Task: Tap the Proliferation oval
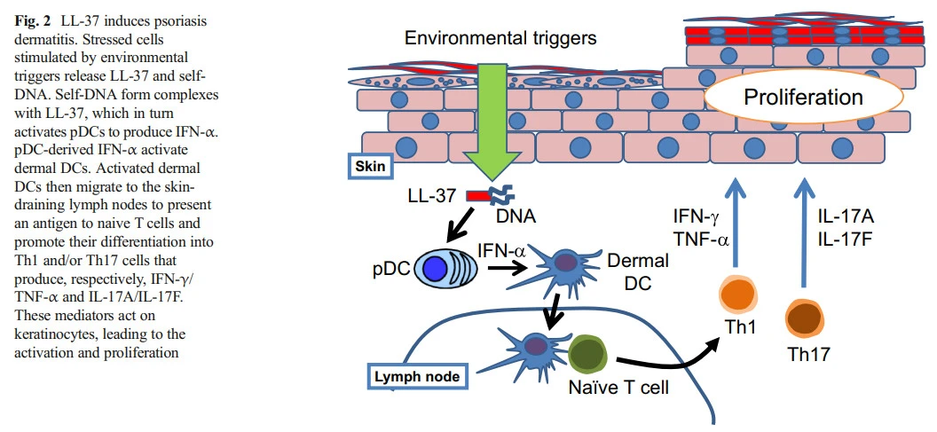point(802,97)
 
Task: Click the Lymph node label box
point(417,377)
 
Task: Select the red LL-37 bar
point(478,195)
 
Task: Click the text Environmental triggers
point(500,38)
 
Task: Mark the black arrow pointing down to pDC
point(463,230)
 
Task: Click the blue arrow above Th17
point(803,231)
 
